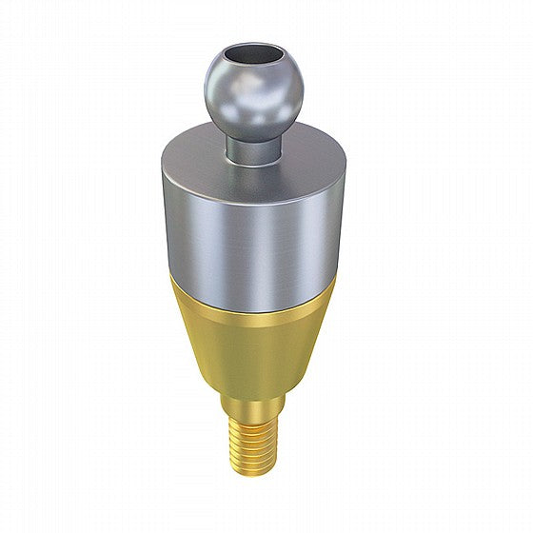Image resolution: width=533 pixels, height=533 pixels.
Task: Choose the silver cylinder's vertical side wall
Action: click(286, 228)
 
